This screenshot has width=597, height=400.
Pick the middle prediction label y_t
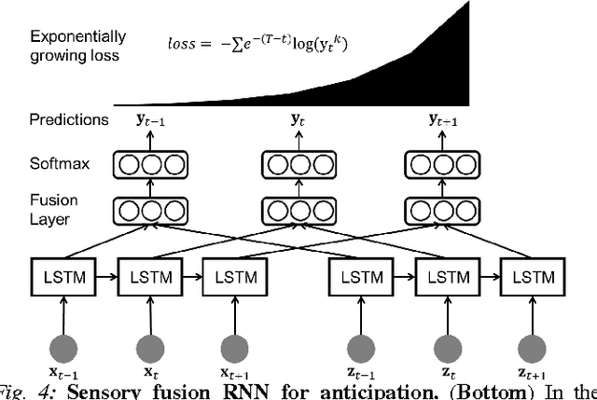pos(298,120)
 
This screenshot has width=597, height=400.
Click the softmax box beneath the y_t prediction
pos(298,165)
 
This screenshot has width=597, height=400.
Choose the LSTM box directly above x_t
pos(148,278)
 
